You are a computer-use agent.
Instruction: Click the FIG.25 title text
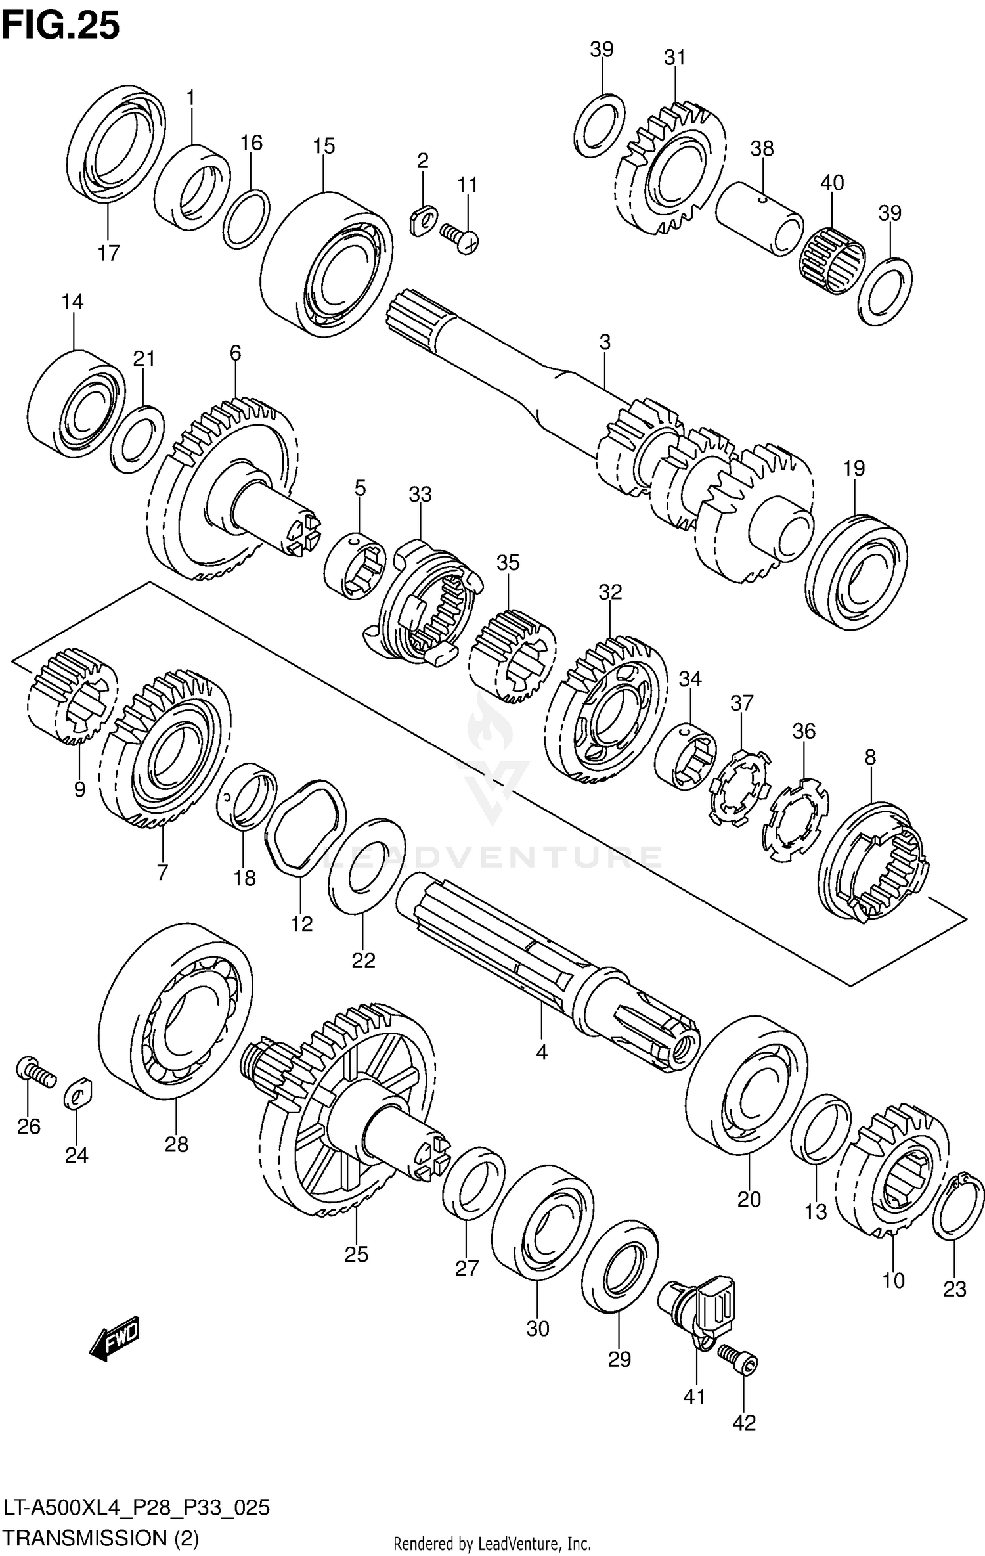click(x=60, y=26)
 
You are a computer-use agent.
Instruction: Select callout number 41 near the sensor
click(x=694, y=1396)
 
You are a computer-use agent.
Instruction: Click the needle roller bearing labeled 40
click(x=831, y=261)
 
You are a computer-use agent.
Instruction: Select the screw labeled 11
click(x=459, y=236)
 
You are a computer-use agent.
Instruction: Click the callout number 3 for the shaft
click(x=605, y=342)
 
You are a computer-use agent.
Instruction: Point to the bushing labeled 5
click(x=354, y=567)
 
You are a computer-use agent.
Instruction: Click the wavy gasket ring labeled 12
click(x=305, y=826)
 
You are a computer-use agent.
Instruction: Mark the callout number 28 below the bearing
click(x=177, y=1145)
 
